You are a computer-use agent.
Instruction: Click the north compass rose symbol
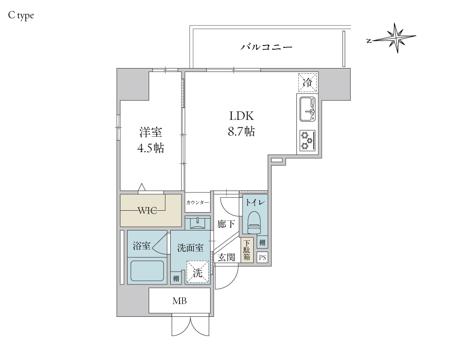(x=396, y=38)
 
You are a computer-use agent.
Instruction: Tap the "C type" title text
(x=21, y=15)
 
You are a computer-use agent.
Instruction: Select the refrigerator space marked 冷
(x=307, y=83)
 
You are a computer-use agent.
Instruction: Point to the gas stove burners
(x=307, y=140)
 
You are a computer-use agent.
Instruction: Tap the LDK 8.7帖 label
(x=242, y=123)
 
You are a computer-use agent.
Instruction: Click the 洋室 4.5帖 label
(x=151, y=140)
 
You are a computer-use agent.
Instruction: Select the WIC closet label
(x=151, y=210)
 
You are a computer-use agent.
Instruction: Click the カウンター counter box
(x=197, y=203)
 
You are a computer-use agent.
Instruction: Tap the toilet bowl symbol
(x=254, y=222)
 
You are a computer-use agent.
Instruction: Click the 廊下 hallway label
(x=227, y=224)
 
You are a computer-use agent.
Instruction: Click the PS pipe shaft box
(x=262, y=257)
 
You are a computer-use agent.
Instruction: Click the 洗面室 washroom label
(x=190, y=247)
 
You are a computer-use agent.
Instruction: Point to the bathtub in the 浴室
(x=147, y=271)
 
